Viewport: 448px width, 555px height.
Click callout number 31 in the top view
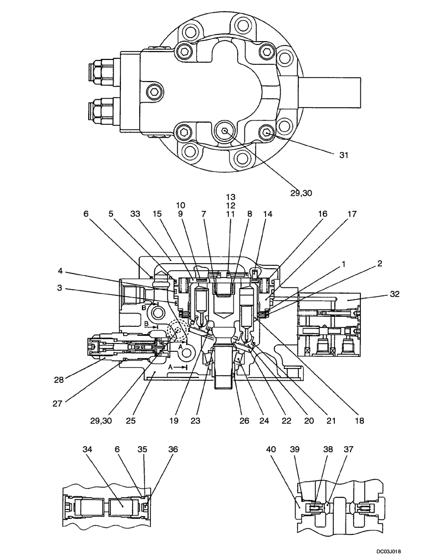pos(343,155)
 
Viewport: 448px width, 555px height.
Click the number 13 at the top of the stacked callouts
pos(231,197)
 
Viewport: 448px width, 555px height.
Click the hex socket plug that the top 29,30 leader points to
pos(223,132)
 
